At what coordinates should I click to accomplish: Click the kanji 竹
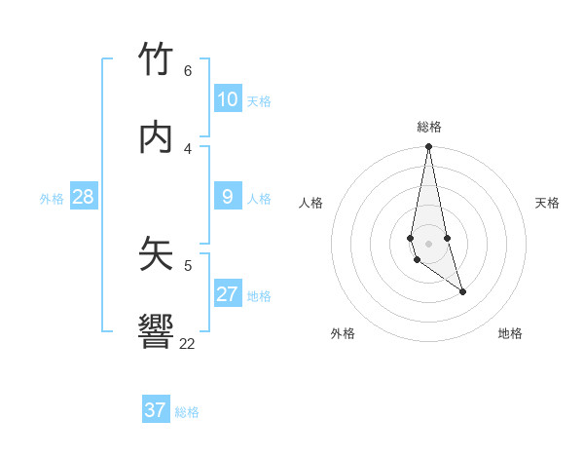pyautogui.click(x=157, y=60)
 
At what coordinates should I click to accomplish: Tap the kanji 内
pyautogui.click(x=157, y=138)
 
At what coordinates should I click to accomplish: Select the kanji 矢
pyautogui.click(x=157, y=253)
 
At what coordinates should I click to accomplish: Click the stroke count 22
pyautogui.click(x=187, y=343)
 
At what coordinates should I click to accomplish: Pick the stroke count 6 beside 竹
pyautogui.click(x=187, y=71)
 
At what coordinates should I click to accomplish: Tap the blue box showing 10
pyautogui.click(x=228, y=99)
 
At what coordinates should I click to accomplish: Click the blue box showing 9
pyautogui.click(x=228, y=197)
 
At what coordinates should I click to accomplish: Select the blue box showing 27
pyautogui.click(x=228, y=294)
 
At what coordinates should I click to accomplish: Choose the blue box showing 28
pyautogui.click(x=83, y=197)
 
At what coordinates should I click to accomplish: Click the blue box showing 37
pyautogui.click(x=156, y=410)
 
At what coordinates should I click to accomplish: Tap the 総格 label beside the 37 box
pyautogui.click(x=187, y=412)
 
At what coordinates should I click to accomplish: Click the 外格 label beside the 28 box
pyautogui.click(x=52, y=199)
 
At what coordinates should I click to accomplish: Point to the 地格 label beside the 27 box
pyautogui.click(x=259, y=296)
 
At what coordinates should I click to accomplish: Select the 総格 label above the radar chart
pyautogui.click(x=429, y=127)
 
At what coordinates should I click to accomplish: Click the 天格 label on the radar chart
pyautogui.click(x=547, y=203)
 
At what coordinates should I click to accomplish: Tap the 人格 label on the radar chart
pyautogui.click(x=311, y=203)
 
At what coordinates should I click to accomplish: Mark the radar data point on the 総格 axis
pyautogui.click(x=428, y=147)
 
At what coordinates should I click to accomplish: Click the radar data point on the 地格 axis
pyautogui.click(x=462, y=291)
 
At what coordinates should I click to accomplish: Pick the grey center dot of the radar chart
pyautogui.click(x=428, y=243)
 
